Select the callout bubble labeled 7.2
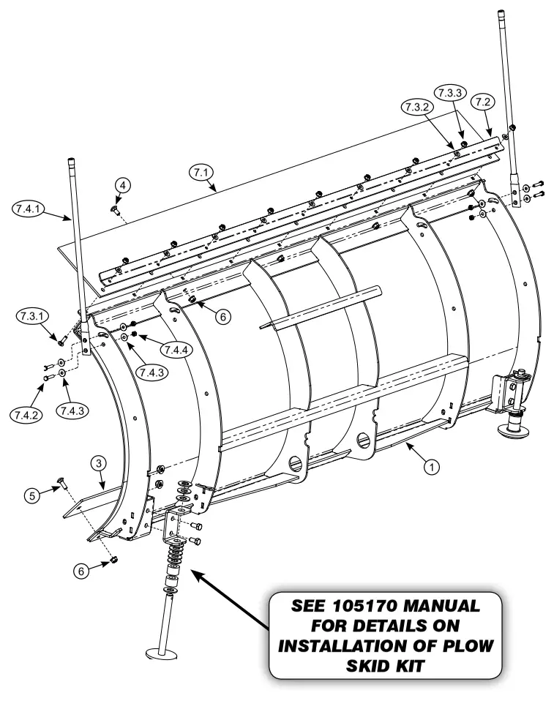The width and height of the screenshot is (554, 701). (x=482, y=101)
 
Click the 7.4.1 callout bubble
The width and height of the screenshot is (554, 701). (x=27, y=208)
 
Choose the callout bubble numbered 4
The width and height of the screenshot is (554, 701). (x=123, y=186)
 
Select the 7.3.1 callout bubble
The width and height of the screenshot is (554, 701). (x=29, y=316)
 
